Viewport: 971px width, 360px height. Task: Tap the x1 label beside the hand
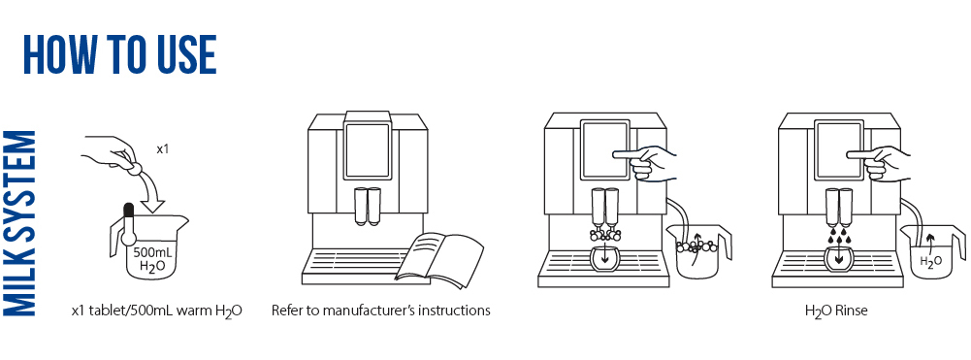(x=163, y=150)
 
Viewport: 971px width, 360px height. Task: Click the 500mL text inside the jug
(x=154, y=251)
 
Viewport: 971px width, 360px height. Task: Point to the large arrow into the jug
(x=150, y=197)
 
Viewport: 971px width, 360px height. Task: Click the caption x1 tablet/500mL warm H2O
(x=156, y=311)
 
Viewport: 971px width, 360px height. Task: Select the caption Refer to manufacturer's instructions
(x=380, y=311)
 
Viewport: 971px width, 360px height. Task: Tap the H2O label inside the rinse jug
(x=929, y=260)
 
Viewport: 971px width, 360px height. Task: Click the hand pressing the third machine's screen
(x=652, y=160)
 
